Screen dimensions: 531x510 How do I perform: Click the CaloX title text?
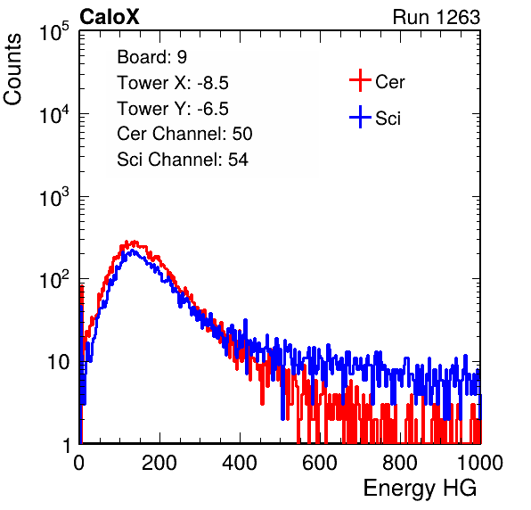110,17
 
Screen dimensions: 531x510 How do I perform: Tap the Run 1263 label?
437,17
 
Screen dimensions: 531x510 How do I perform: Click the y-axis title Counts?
12,70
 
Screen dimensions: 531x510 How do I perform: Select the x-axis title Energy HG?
420,489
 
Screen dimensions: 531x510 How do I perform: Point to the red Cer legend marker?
360,80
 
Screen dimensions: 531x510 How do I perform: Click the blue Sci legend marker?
360,117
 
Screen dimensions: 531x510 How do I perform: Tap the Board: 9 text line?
152,57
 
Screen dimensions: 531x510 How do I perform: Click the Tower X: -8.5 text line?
173,83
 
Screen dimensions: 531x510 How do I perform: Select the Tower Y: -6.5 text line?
173,109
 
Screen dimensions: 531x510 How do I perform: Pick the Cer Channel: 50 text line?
184,134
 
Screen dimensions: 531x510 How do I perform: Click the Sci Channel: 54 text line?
183,160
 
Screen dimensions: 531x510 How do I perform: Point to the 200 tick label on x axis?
159,462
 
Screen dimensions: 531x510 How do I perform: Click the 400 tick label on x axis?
240,462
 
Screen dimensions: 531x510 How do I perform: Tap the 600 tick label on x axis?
320,462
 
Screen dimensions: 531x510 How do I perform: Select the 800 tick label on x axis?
400,462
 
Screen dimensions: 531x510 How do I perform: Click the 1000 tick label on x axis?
480,462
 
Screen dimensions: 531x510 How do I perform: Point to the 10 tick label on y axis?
58,362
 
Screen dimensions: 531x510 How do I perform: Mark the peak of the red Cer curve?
135,242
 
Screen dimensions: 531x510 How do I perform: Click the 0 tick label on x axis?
79,462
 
